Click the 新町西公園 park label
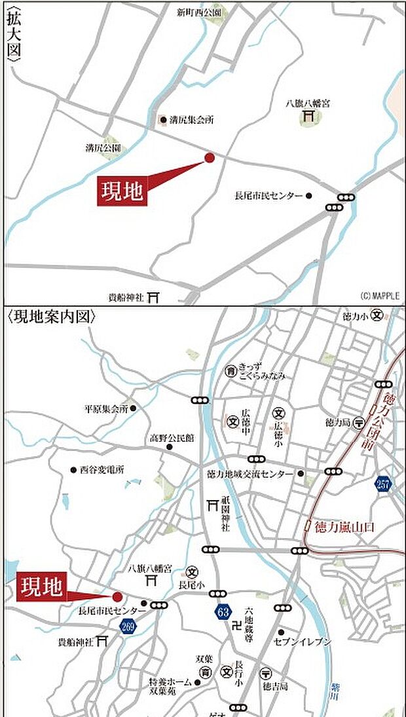tap(200, 12)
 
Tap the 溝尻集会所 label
tap(191, 120)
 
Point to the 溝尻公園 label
tap(103, 148)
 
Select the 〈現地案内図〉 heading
tap(52, 317)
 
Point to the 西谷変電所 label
tap(101, 470)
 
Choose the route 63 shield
tap(223, 612)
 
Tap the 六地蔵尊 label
tap(248, 615)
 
